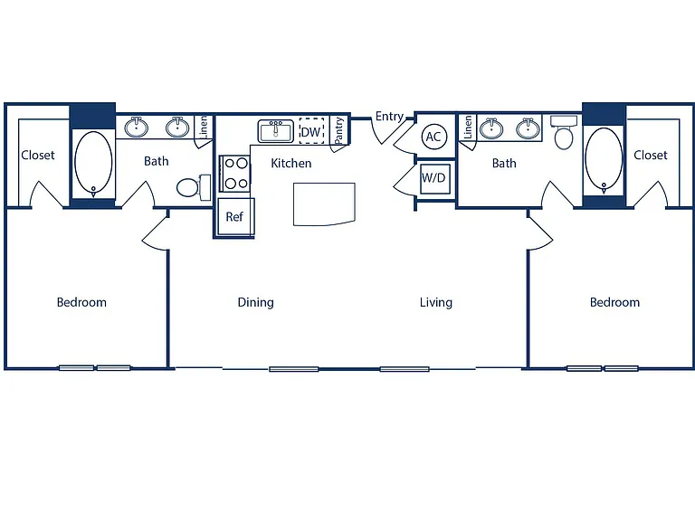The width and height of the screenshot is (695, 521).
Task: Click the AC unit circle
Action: click(x=433, y=137)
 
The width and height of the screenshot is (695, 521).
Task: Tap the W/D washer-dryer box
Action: click(x=433, y=178)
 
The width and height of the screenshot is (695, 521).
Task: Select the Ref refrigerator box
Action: click(x=236, y=217)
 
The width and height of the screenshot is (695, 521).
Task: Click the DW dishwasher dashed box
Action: click(x=311, y=130)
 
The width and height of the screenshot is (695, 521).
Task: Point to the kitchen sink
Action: click(x=276, y=131)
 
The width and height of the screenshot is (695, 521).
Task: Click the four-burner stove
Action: click(x=235, y=174)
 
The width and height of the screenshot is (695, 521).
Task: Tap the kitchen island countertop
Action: click(x=324, y=204)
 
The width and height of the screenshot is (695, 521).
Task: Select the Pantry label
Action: click(x=338, y=130)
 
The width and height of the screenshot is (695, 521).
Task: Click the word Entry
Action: click(x=389, y=117)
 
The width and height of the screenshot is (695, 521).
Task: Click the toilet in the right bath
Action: click(x=564, y=132)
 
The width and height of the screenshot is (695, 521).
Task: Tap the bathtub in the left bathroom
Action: click(x=93, y=164)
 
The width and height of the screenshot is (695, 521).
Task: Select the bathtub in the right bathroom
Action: click(x=604, y=160)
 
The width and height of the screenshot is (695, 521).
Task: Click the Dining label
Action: click(x=256, y=303)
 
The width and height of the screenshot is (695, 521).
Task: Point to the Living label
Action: click(x=436, y=303)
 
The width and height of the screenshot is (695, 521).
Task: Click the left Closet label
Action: click(x=38, y=155)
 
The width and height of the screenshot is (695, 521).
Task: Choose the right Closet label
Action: click(x=651, y=155)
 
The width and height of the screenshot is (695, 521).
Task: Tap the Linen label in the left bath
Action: click(x=204, y=127)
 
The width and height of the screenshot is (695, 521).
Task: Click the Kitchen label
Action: click(x=291, y=164)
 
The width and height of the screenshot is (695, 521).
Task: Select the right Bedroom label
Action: click(x=614, y=303)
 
